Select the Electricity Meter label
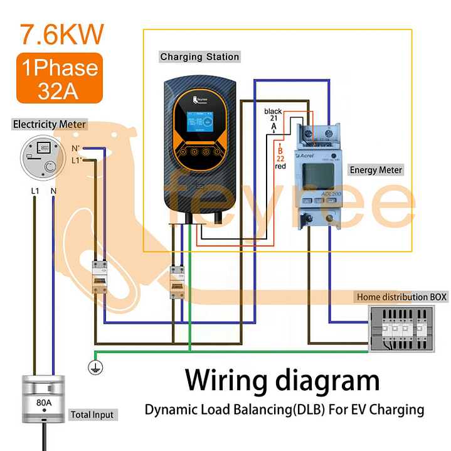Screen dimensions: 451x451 (50, 124)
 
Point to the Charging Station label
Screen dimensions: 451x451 (199, 57)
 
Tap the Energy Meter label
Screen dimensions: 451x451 (376, 170)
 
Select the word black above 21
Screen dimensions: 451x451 (273, 110)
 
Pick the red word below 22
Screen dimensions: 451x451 (280, 166)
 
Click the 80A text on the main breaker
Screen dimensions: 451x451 (44, 402)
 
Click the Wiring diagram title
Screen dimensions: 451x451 (282, 381)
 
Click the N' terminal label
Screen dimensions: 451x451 (75, 149)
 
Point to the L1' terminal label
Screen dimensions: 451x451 (77, 161)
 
